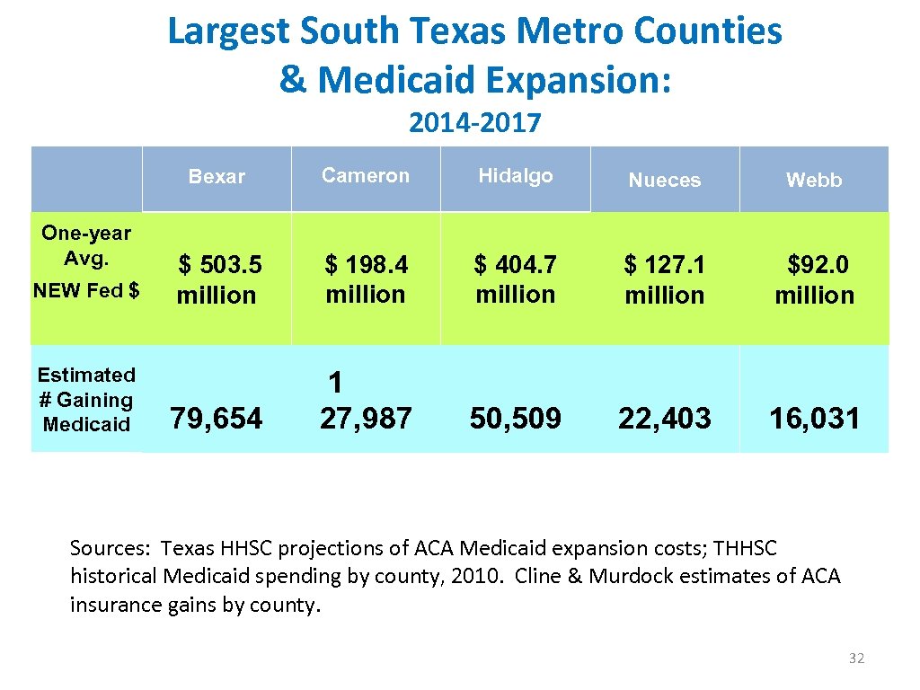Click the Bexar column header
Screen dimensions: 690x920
[x=217, y=177]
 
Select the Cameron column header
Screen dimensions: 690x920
[x=366, y=175]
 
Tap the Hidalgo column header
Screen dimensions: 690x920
[x=516, y=175]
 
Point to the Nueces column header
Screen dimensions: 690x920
[x=664, y=181]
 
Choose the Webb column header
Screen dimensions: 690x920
[x=814, y=181]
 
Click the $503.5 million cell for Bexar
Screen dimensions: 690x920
[x=218, y=279]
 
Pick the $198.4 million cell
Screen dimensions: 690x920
[x=366, y=279]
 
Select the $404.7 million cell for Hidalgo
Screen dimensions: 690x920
[x=516, y=279]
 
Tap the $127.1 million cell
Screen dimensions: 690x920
[x=665, y=279]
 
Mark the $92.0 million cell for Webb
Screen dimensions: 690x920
[x=815, y=279]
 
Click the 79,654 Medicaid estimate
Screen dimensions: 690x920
[x=217, y=418]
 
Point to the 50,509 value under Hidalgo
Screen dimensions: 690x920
[x=516, y=418]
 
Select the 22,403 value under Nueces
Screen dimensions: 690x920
[x=665, y=418]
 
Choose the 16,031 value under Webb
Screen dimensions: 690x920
[x=815, y=418]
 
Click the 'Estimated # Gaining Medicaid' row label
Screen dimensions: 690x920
[x=86, y=400]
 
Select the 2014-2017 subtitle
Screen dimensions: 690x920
[x=474, y=122]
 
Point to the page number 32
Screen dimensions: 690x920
[x=856, y=659]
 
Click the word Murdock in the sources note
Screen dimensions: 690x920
[x=626, y=576]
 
